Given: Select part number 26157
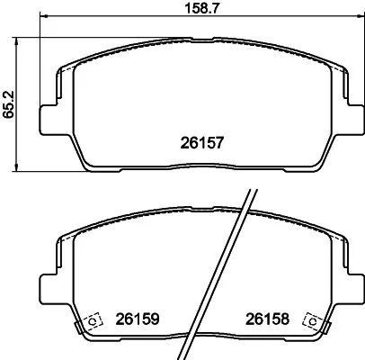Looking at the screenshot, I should pyautogui.click(x=203, y=141).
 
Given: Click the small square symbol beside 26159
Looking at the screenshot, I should pyautogui.click(x=92, y=319).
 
